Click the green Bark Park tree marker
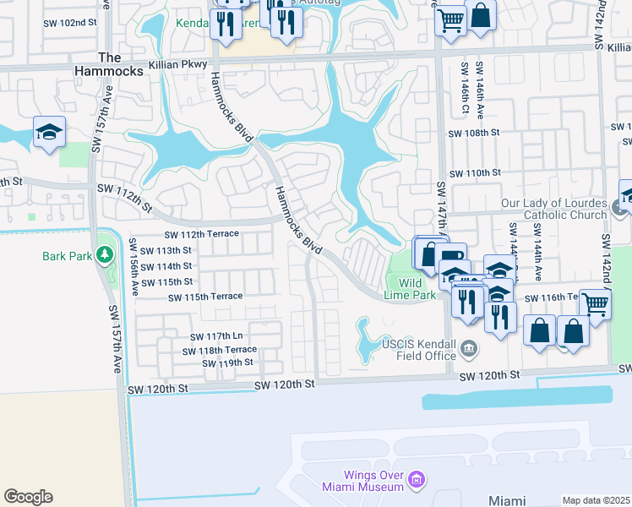click(x=105, y=253)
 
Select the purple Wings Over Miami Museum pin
click(x=415, y=481)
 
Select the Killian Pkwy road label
click(x=172, y=64)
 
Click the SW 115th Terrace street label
click(x=205, y=297)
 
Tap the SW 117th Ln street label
click(x=214, y=335)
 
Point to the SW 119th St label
click(x=227, y=363)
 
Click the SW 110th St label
click(x=475, y=172)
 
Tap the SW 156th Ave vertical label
click(x=133, y=266)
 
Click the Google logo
click(x=28, y=497)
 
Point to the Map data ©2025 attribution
click(x=596, y=500)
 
